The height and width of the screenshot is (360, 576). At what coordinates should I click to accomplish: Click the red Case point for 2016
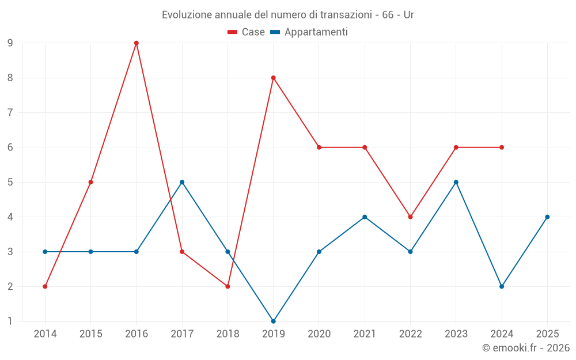tap(137, 43)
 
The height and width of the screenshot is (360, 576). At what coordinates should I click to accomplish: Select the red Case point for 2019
tap(274, 78)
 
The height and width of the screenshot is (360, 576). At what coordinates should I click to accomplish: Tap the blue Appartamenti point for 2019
tap(274, 321)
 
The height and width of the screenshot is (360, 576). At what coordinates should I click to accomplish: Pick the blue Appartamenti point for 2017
tap(182, 182)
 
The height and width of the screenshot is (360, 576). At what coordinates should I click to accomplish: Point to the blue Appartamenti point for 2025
tap(547, 217)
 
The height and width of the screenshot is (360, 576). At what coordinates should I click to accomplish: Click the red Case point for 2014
tap(45, 286)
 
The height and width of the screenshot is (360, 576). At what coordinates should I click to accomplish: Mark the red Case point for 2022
tap(410, 217)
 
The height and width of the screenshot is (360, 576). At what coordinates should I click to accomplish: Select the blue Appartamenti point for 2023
tap(456, 182)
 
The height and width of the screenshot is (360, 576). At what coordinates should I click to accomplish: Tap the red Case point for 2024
tap(502, 147)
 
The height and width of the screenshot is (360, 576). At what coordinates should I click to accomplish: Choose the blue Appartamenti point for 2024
tap(502, 286)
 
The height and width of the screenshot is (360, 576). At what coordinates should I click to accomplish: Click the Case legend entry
tap(247, 32)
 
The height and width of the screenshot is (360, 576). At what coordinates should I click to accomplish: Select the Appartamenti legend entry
tap(309, 32)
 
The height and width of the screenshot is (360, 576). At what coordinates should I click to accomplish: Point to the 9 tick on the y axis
tap(10, 43)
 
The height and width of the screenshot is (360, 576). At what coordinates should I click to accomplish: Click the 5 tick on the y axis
tap(10, 182)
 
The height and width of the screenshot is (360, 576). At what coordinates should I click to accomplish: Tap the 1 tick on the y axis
tap(10, 321)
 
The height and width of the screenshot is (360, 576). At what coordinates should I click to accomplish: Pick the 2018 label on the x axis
tap(228, 334)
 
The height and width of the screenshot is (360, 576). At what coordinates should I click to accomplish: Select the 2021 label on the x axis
tap(365, 334)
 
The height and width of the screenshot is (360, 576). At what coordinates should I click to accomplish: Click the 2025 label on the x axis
tap(547, 334)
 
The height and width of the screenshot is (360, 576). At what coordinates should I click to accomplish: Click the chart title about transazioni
tap(288, 15)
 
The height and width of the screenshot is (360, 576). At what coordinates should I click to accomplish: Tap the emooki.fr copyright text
tap(526, 348)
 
